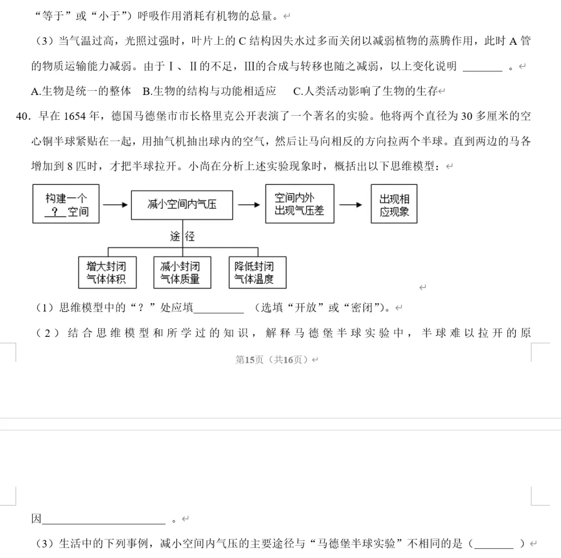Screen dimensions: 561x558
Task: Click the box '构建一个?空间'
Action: pos(66,204)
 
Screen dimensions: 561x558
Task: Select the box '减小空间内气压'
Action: pos(182,205)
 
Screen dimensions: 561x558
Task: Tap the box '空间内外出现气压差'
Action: pos(300,204)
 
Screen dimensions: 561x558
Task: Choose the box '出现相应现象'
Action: pos(394,204)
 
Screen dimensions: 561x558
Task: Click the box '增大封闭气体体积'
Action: pos(109,273)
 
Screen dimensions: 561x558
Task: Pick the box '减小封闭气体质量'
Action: pos(182,273)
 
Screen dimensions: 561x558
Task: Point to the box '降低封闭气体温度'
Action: pos(257,273)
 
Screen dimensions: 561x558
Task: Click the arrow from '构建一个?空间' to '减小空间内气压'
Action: pos(115,205)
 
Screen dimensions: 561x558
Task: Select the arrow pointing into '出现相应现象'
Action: pos(351,205)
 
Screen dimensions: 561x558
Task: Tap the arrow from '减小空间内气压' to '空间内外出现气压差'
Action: pos(249,205)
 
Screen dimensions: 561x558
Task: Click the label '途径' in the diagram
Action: pos(182,237)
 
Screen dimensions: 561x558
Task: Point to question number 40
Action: pos(24,116)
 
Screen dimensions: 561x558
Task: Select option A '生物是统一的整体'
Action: pos(81,91)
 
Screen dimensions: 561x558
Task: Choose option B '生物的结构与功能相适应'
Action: pos(209,91)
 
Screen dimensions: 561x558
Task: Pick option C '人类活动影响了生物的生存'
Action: pos(366,91)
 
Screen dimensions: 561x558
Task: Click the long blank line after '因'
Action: pos(103,520)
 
